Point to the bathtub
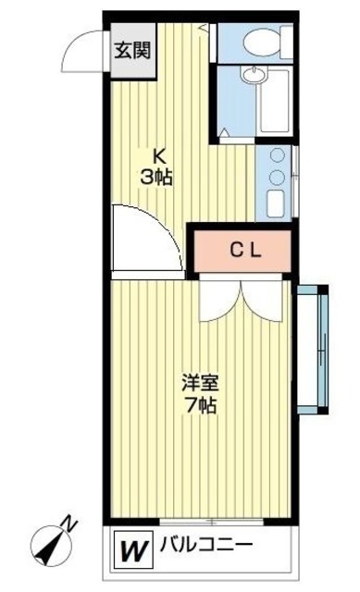[276, 103]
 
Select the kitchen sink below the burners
[275, 201]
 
